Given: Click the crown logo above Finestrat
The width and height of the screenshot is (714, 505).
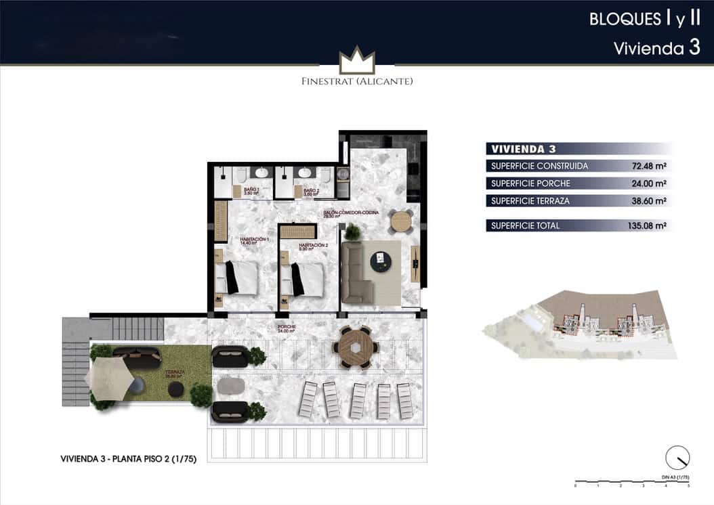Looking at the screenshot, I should pos(357,61).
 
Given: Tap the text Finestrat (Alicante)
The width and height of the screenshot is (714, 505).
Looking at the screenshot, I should pos(357,81).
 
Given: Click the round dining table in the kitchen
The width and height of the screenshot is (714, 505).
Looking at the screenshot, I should pos(401,221).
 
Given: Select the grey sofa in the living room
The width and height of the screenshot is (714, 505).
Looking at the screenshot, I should pos(355,273).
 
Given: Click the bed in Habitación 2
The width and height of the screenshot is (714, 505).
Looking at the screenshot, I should pos(305,278).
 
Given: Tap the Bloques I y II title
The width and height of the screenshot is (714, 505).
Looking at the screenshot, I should pos(644,19).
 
